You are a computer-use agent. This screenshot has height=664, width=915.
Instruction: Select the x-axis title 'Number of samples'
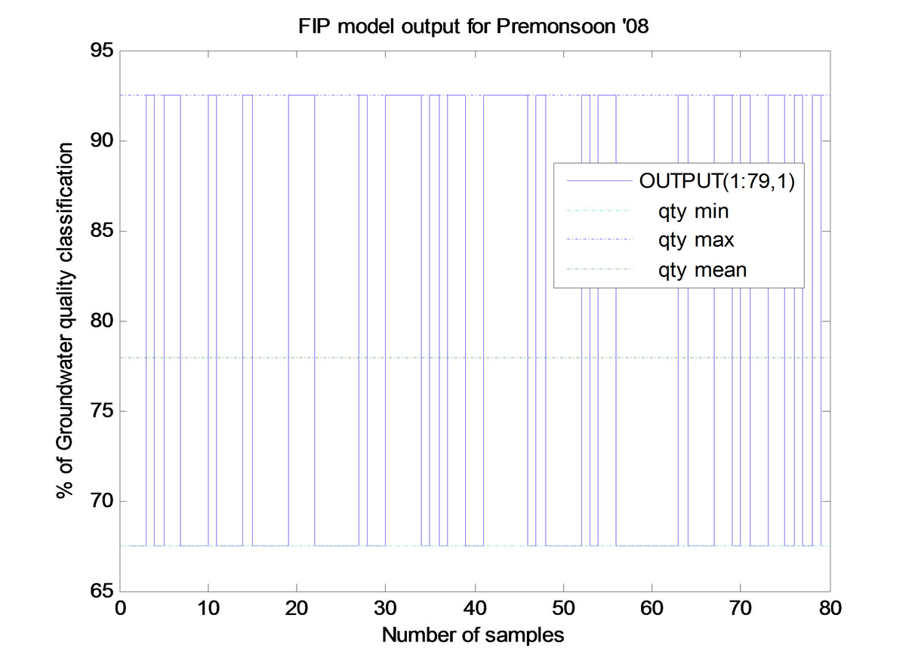point(473,635)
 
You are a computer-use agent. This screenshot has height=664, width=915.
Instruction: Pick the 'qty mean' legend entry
point(701,269)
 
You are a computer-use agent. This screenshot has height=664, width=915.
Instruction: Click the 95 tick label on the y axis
point(102,51)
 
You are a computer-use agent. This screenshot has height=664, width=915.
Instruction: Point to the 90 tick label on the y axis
point(102,141)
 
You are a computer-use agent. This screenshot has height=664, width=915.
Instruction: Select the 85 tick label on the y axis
point(102,232)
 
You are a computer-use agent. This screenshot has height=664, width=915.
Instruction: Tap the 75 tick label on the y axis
point(102,412)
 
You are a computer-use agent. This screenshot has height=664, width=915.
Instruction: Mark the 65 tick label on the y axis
point(102,592)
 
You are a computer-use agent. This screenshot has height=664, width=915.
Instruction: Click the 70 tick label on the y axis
point(102,502)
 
